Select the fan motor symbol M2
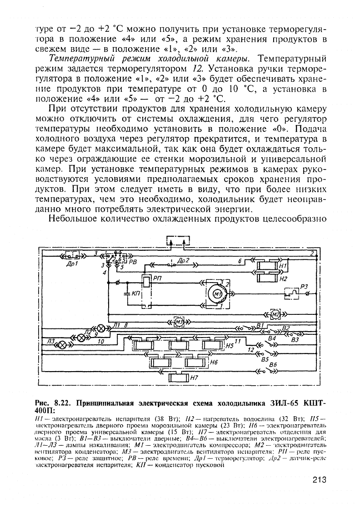tap(275, 314)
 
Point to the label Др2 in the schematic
tap(184, 260)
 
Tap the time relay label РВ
tap(132, 262)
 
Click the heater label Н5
tap(230, 346)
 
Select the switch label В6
tap(273, 364)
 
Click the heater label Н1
tap(284, 265)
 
